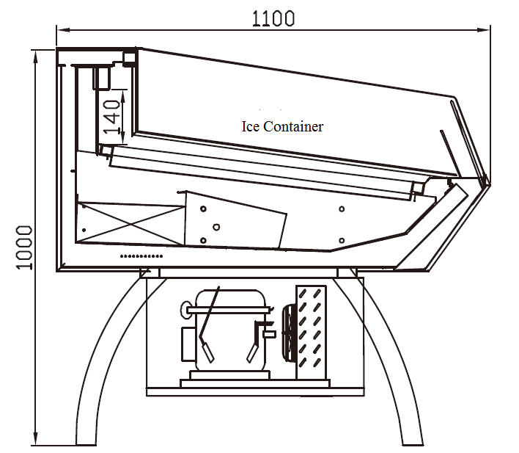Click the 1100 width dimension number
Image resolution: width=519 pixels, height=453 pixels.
(273, 18)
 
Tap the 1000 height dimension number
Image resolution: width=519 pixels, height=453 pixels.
(23, 247)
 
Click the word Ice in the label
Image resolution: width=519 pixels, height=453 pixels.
(251, 126)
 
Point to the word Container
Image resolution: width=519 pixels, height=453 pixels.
(295, 126)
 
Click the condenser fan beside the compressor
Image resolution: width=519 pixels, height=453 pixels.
(289, 334)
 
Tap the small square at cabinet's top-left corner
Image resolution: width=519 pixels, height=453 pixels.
(131, 57)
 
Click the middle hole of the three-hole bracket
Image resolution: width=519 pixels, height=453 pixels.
(216, 227)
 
